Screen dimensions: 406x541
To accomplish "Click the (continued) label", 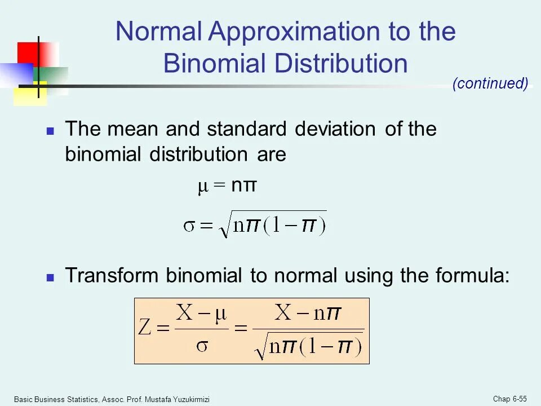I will click(490, 84).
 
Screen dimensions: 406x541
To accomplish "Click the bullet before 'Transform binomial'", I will click(50, 277).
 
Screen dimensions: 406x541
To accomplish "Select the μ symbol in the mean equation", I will click(203, 187).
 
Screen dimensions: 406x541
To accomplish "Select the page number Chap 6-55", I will click(510, 399).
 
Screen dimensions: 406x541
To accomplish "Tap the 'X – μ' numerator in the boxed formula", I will click(201, 313).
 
